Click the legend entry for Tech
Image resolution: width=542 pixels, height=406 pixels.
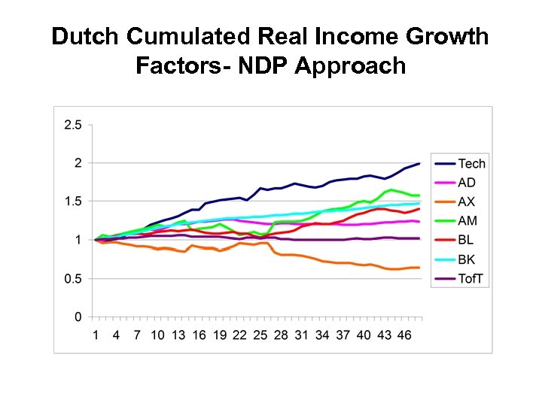click(472, 164)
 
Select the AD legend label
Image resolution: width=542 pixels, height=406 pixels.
click(467, 183)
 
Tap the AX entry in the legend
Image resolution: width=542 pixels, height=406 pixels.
click(467, 202)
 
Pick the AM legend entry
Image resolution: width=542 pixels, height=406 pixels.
click(467, 222)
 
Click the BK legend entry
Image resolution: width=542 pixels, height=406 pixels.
click(467, 260)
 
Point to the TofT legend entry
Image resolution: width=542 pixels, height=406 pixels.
click(472, 280)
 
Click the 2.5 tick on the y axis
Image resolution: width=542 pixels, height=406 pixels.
click(73, 125)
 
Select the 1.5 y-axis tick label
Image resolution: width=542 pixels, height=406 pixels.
click(73, 201)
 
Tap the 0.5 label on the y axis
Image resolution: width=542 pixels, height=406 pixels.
click(73, 279)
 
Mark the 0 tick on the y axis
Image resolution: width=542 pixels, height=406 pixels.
click(78, 317)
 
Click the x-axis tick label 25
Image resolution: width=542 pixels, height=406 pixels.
click(260, 335)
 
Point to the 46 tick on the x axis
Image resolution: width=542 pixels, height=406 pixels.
click(404, 335)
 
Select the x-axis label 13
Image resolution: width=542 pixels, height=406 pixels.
click(178, 335)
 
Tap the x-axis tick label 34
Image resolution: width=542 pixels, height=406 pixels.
click(322, 335)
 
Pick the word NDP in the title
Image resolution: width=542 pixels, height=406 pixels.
click(263, 66)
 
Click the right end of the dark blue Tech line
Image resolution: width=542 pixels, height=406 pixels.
click(419, 163)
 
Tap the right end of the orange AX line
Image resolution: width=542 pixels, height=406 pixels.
click(419, 268)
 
